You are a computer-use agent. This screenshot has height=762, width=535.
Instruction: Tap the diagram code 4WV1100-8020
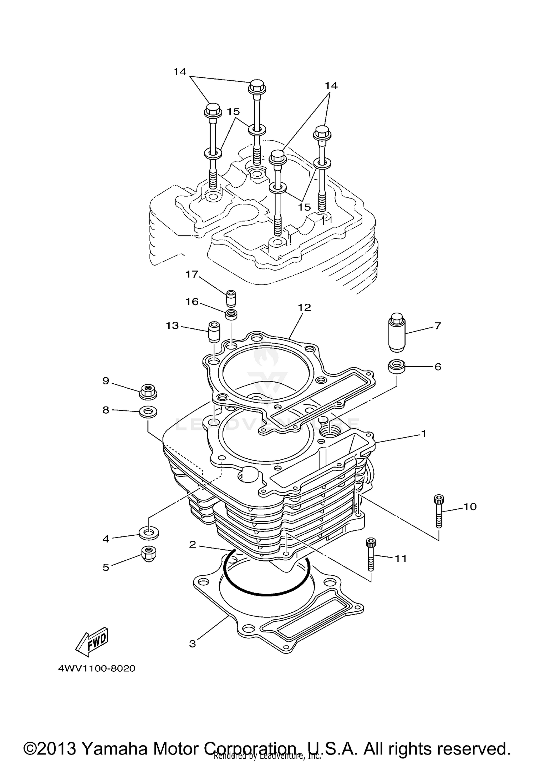click(97, 668)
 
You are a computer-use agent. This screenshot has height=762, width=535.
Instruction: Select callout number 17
click(192, 274)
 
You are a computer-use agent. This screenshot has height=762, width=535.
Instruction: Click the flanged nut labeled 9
click(148, 392)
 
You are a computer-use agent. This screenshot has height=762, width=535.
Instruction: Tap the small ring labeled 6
click(397, 367)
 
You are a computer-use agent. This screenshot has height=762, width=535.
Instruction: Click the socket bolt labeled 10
click(439, 511)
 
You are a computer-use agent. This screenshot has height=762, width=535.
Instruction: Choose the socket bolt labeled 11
click(371, 558)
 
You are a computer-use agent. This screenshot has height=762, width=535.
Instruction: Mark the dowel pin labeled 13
click(214, 332)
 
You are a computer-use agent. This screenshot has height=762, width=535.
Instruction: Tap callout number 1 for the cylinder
click(424, 434)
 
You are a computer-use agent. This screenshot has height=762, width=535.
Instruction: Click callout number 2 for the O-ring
click(193, 545)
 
